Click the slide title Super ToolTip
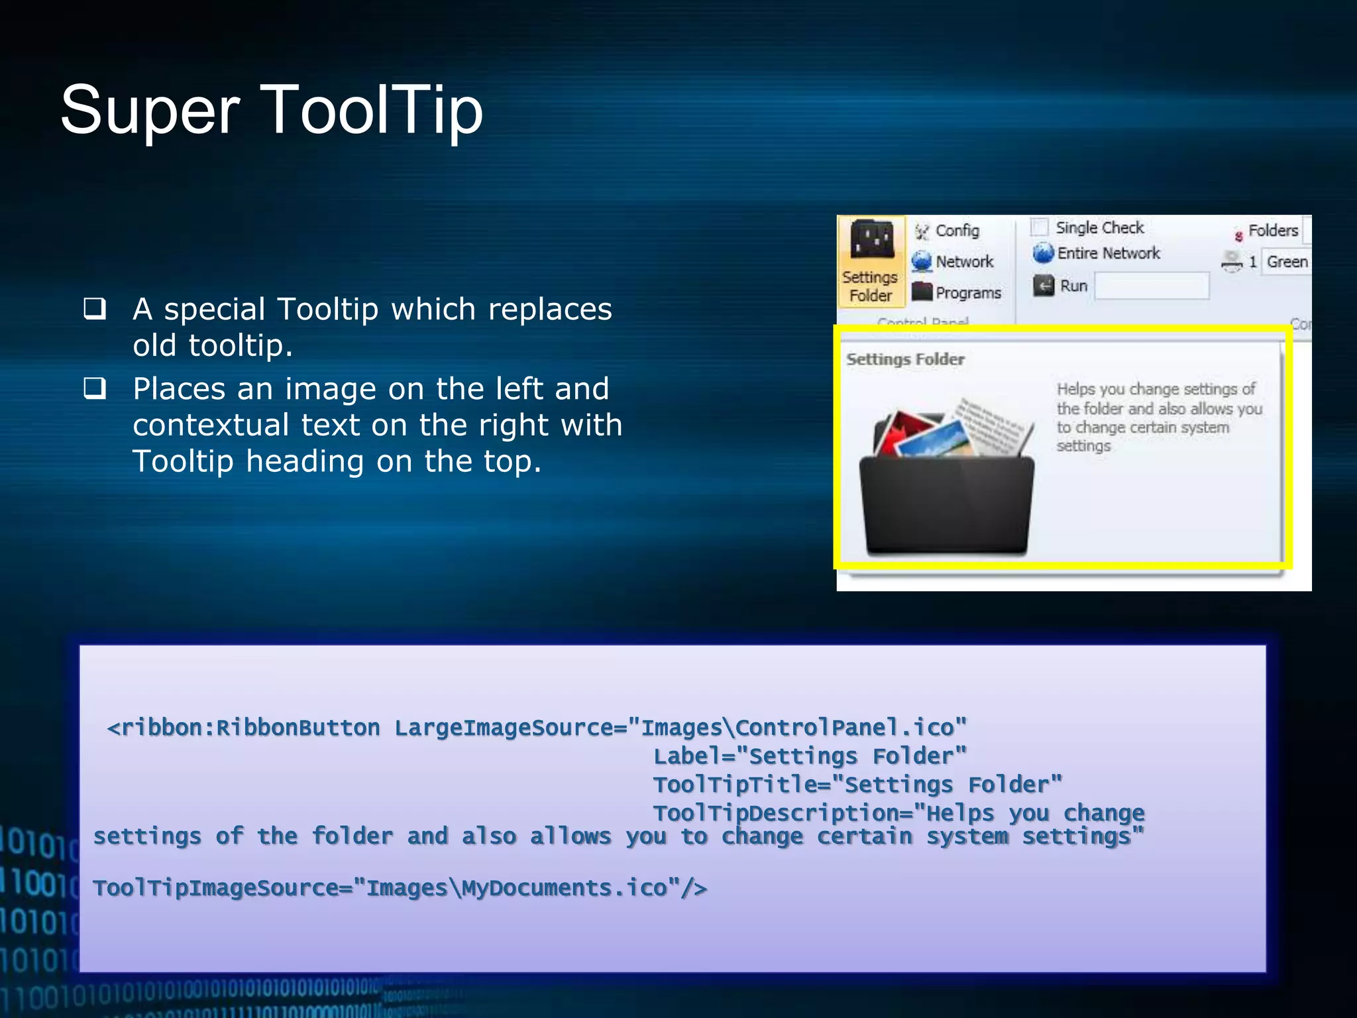coord(272,110)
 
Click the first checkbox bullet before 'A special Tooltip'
coord(95,309)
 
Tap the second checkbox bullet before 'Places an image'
coord(95,388)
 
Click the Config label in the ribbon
coord(957,231)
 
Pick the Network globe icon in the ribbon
coord(922,261)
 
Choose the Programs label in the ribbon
coord(968,292)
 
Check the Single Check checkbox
coord(1040,227)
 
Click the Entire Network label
coord(1109,253)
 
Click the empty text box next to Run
coord(1152,286)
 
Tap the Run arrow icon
coord(1044,286)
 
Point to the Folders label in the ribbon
coord(1272,230)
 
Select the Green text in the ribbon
coord(1287,262)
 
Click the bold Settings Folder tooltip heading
coord(905,359)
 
